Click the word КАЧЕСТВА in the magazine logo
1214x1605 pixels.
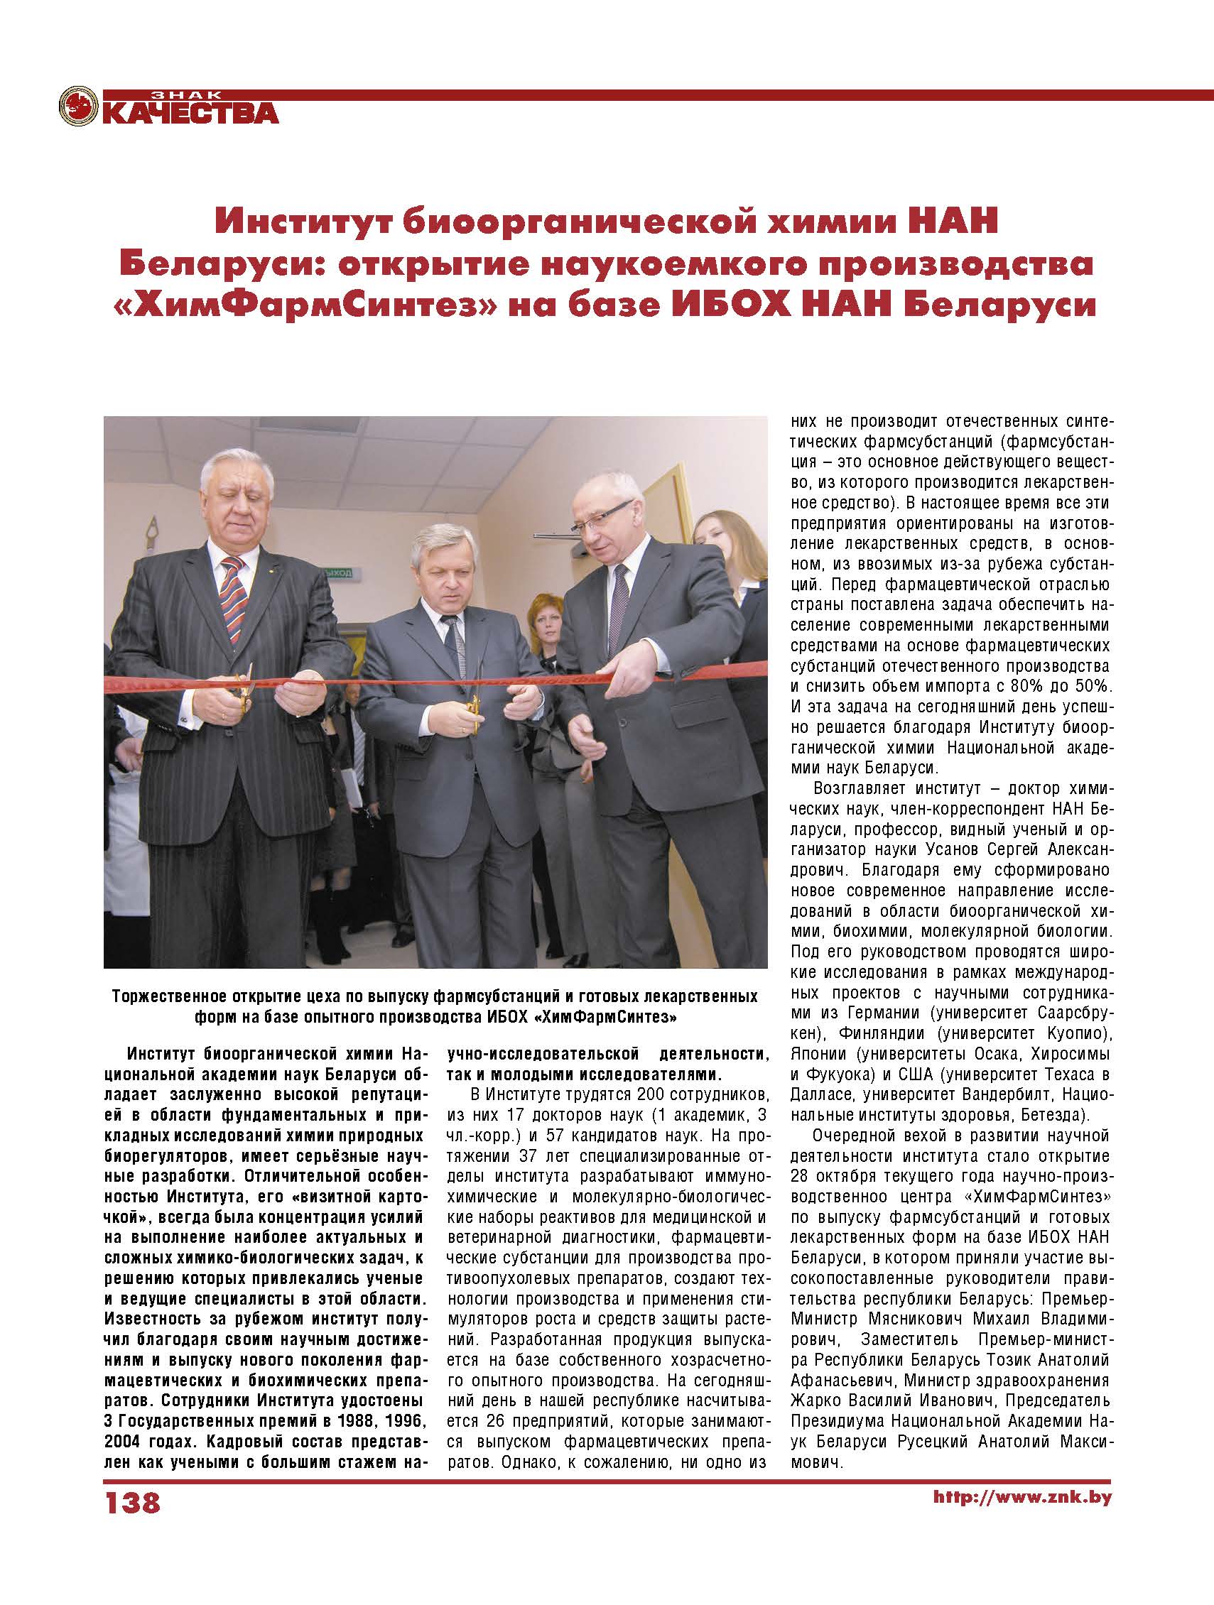[x=191, y=112]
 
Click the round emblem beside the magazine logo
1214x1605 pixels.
[x=79, y=107]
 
